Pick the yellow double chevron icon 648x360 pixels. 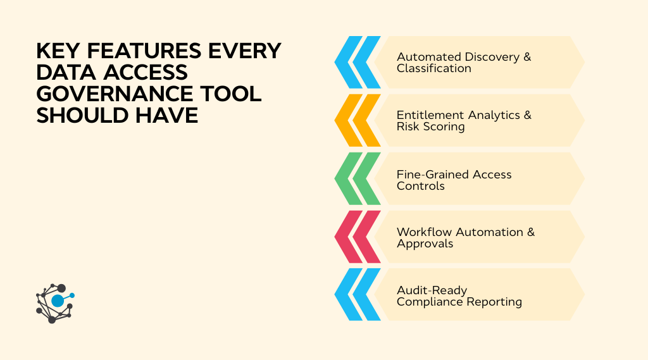[358, 120]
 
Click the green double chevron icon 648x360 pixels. [358, 178]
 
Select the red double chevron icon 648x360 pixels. [358, 237]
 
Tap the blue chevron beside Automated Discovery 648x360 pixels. [358, 62]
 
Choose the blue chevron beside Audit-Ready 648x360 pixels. [358, 294]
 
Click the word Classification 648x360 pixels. [433, 68]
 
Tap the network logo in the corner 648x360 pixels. [54, 303]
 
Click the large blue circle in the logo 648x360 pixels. [58, 301]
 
